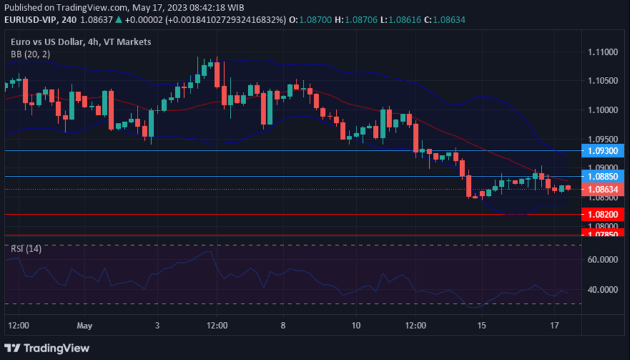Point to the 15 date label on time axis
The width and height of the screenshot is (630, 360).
481,324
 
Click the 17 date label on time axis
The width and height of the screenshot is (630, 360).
554,324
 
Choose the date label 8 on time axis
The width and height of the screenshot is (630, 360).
282,324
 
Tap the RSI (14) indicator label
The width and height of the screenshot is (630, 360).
26,249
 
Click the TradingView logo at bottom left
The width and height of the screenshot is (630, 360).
48,348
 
